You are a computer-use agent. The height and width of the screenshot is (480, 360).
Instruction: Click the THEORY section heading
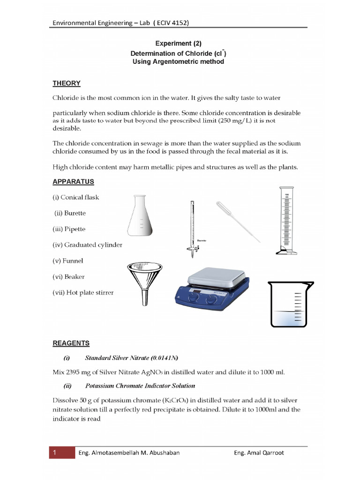tap(66, 83)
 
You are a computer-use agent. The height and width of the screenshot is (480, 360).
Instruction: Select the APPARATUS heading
tap(73, 181)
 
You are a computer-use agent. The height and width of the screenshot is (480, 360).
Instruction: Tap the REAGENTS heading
tap(70, 343)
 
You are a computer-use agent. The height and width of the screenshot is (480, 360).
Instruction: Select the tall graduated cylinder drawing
tap(285, 220)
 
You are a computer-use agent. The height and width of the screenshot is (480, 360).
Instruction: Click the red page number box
tap(62, 453)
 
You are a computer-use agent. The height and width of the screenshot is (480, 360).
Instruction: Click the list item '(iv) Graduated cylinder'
tap(87, 245)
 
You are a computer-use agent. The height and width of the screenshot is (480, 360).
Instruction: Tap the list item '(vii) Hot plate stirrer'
tap(83, 292)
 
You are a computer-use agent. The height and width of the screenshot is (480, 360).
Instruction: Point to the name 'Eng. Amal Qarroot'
tap(259, 453)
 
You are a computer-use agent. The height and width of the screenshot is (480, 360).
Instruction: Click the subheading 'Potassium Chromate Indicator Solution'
tap(140, 386)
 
